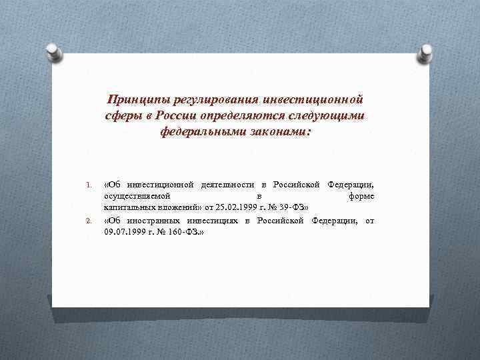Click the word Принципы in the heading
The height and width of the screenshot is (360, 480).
[137, 100]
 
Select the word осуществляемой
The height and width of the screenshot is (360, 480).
[137, 197]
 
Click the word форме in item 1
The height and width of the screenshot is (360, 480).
[361, 197]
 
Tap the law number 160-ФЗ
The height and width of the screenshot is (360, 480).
[184, 233]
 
